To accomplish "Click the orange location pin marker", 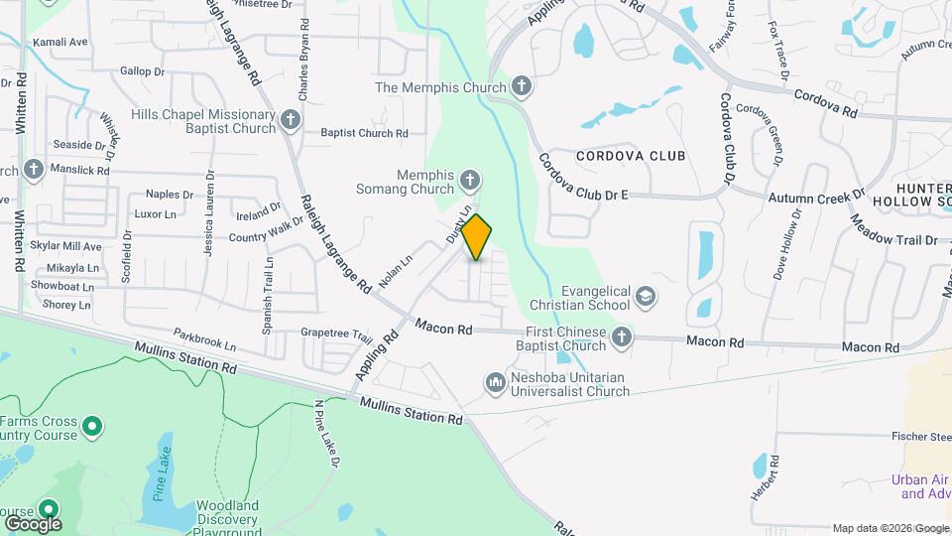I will click(x=477, y=236).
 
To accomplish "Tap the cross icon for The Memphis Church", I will click(x=522, y=88).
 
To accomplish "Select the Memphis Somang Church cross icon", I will click(x=471, y=182).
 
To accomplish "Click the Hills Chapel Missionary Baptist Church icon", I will click(x=290, y=121).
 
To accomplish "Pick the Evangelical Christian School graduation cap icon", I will click(x=647, y=297).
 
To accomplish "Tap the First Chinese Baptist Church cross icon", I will click(x=621, y=337).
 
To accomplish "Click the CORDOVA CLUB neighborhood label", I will click(x=632, y=156).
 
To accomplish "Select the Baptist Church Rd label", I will click(x=364, y=133).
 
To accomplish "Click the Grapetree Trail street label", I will click(x=335, y=334).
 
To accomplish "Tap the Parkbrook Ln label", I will click(x=204, y=338).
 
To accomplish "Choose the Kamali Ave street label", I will click(x=60, y=43).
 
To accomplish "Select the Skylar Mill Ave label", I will click(x=65, y=246).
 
